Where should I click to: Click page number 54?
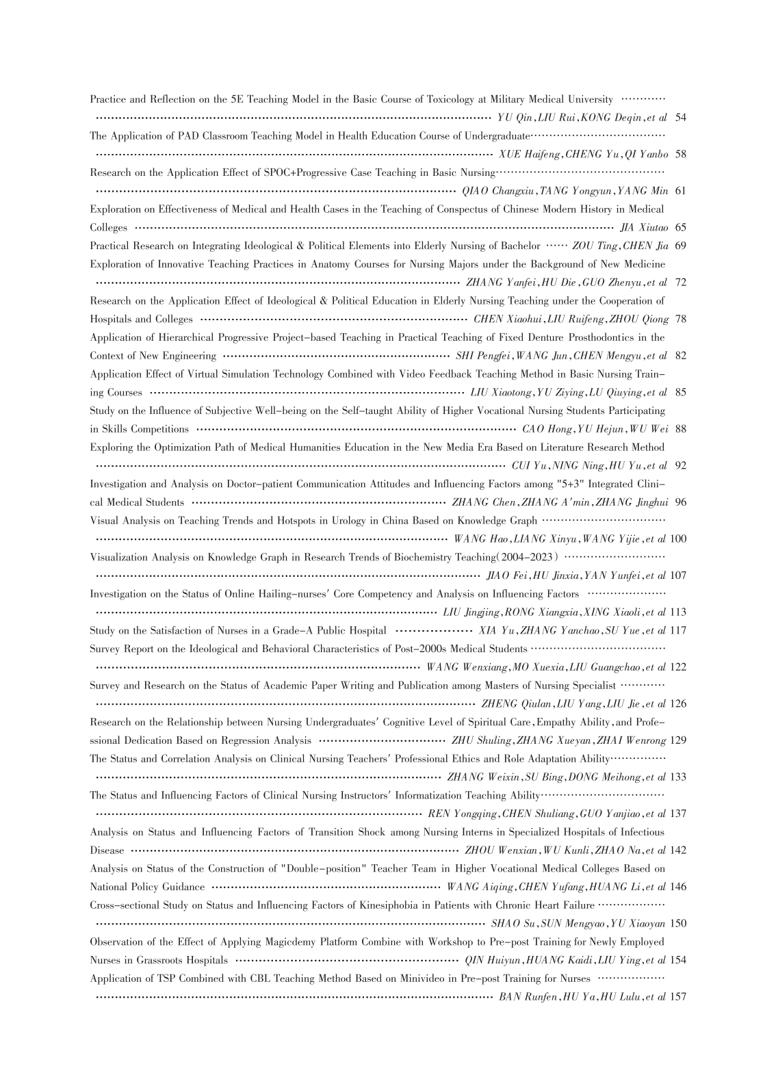tap(680, 118)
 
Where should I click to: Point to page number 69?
tap(680, 246)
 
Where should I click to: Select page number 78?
tap(680, 319)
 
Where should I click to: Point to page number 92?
tap(680, 466)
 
